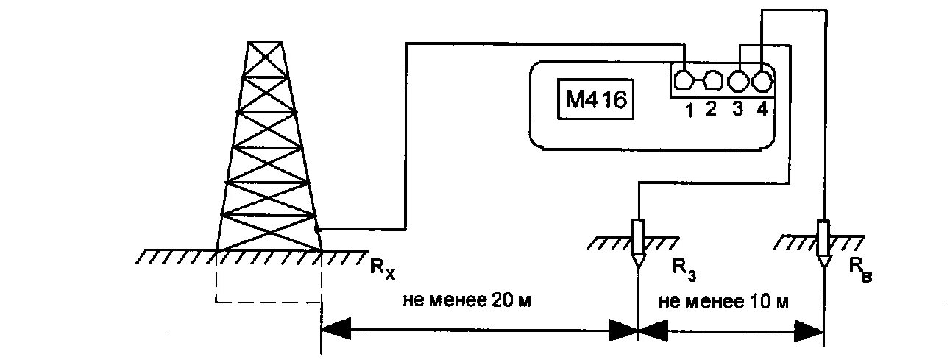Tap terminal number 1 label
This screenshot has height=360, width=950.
click(x=689, y=111)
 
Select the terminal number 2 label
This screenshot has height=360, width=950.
click(x=711, y=110)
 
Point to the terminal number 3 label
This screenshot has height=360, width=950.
click(x=738, y=110)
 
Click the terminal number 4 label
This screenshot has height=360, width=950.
click(x=762, y=110)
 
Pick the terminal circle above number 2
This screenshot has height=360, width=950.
click(x=712, y=79)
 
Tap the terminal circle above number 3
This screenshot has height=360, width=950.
click(x=738, y=79)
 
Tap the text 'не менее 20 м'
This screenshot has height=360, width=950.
click(x=465, y=302)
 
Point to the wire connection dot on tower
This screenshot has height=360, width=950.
click(x=318, y=229)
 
